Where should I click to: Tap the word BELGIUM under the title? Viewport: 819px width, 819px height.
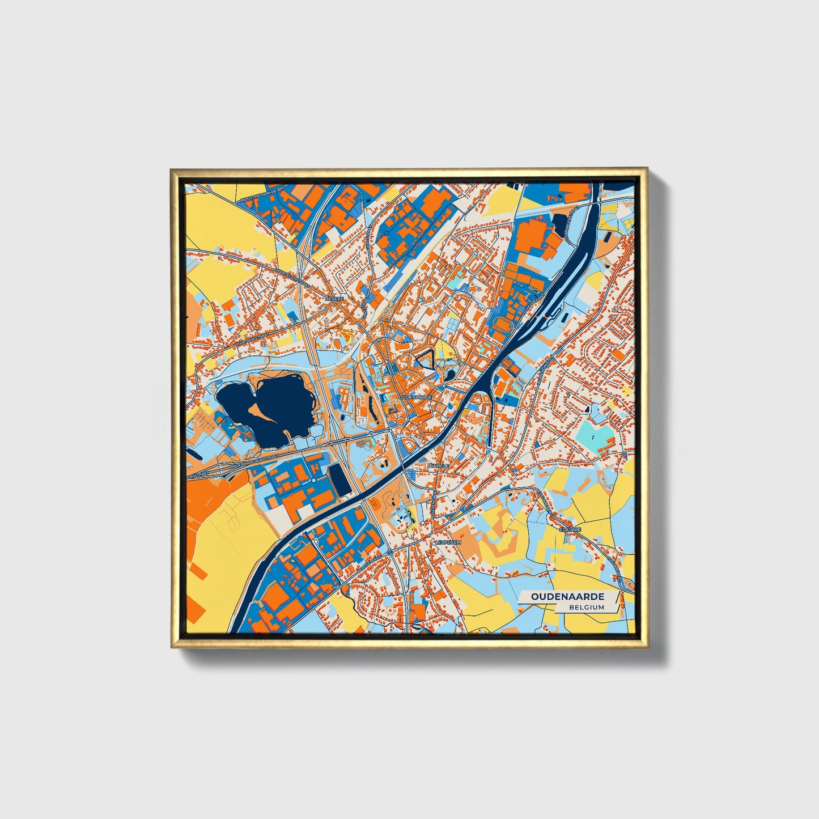point(587,607)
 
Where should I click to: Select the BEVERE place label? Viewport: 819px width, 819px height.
point(334,298)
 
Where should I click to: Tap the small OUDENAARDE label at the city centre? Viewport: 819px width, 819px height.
point(415,398)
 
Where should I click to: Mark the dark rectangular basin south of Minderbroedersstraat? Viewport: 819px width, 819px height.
point(338,478)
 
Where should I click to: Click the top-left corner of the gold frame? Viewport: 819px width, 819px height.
point(172,170)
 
